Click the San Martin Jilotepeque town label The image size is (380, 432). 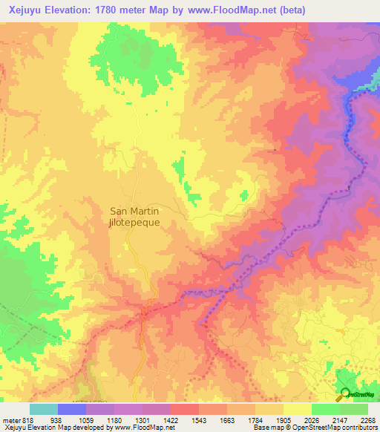pos(134,216)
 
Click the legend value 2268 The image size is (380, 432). pos(368,419)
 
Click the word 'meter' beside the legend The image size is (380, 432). pos(10,419)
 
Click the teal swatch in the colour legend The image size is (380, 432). pos(44,409)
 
